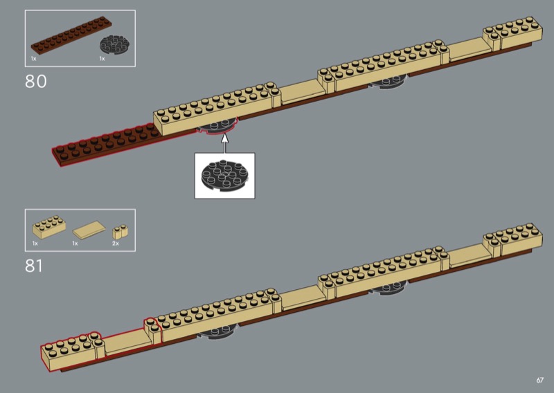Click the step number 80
click(x=35, y=81)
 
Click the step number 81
click(x=35, y=265)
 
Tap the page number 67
click(x=539, y=379)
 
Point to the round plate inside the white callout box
click(x=224, y=176)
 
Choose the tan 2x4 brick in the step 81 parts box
click(x=48, y=226)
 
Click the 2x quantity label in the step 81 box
click(x=116, y=244)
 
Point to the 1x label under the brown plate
click(x=33, y=59)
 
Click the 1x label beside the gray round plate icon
click(x=102, y=59)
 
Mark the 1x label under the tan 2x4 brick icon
click(x=35, y=244)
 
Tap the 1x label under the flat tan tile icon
click(x=75, y=244)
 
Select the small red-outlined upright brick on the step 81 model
click(x=151, y=330)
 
